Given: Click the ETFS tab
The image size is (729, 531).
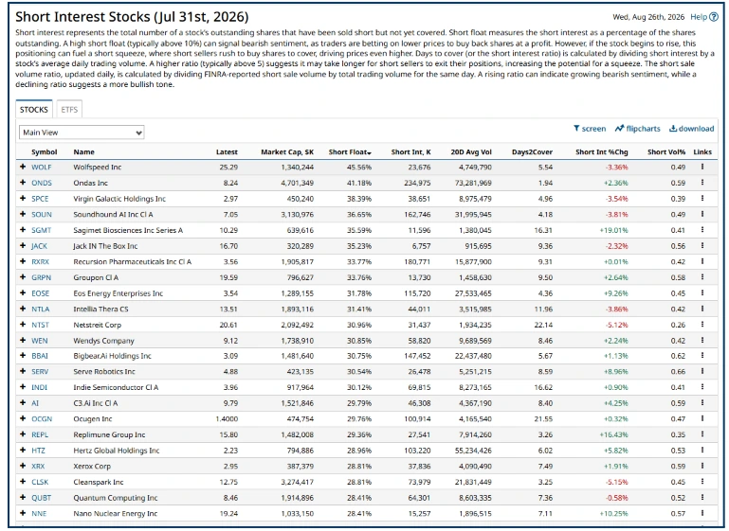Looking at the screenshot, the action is tap(69, 110).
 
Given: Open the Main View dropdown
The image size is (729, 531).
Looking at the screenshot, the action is tap(82, 133).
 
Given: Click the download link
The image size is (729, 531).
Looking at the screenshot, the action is tap(691, 129).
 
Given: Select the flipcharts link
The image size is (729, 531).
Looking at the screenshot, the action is tap(637, 129).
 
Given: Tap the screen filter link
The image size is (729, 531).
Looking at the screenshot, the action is tap(590, 129).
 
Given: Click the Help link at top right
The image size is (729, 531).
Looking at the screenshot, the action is tap(704, 17).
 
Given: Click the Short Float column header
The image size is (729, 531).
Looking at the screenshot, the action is tap(350, 151).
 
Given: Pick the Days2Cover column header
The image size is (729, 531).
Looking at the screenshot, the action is tap(532, 151).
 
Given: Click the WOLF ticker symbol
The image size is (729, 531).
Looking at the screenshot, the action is tap(42, 168).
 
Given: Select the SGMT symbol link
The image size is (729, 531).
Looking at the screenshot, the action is tap(42, 230).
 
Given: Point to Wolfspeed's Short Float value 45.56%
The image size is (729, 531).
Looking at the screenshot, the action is tap(359, 168).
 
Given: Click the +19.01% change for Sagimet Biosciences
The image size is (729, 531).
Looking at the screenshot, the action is tap(613, 230).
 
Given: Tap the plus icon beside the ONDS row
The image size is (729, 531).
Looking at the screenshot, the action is tap(23, 183).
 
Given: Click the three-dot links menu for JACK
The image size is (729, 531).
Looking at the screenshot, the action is tap(702, 245).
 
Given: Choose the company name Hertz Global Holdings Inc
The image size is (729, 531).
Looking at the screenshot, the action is tap(117, 451).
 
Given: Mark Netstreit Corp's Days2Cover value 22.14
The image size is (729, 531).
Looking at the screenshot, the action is tap(543, 325).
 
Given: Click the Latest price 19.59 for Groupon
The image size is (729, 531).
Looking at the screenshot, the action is tap(228, 277).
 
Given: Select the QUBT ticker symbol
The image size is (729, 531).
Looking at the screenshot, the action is tap(42, 498).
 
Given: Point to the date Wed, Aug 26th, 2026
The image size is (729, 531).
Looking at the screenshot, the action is tap(648, 17).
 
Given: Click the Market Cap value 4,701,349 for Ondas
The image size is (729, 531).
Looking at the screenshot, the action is tap(297, 183).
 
